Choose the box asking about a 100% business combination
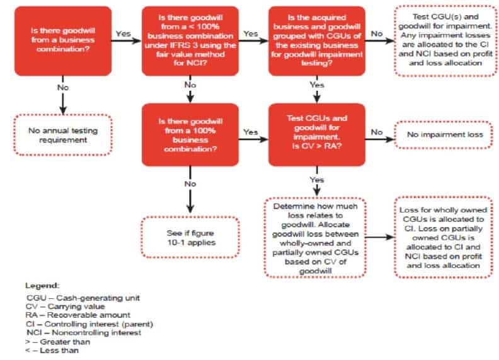coord(190,132)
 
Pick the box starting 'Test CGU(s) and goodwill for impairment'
coord(441,40)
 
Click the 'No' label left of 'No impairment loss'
coord(376,132)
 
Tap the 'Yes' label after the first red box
coord(124,33)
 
